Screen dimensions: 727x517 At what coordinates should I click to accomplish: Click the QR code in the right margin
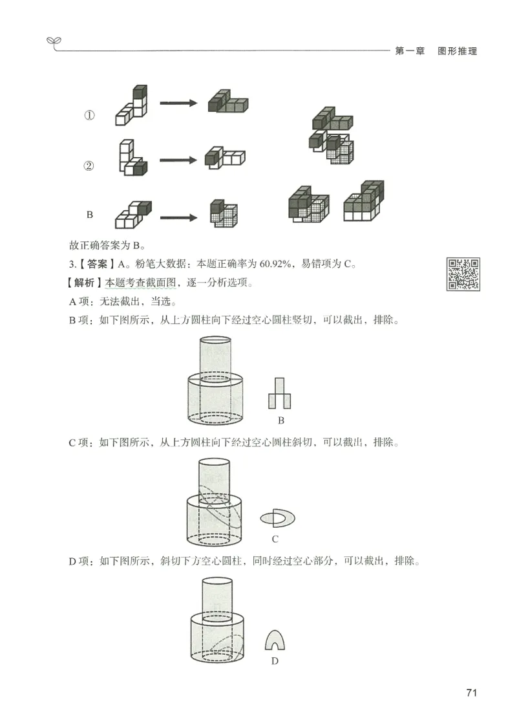tap(464, 274)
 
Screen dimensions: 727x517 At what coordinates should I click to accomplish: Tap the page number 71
tap(471, 693)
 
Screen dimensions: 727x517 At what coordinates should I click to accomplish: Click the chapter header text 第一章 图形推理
tap(436, 51)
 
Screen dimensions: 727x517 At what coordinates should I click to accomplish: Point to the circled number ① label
tap(89, 116)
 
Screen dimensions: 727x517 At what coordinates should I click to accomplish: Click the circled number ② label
tap(89, 166)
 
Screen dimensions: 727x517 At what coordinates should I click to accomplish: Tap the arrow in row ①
tap(178, 103)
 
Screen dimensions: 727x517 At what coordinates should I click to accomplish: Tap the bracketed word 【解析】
tap(87, 283)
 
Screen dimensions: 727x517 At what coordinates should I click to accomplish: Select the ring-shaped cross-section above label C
tap(277, 517)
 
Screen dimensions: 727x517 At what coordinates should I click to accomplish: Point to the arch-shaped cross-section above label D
tap(275, 640)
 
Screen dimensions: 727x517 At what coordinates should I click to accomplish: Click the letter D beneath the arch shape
tap(275, 661)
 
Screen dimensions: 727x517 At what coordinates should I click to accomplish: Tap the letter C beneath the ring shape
tap(275, 539)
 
